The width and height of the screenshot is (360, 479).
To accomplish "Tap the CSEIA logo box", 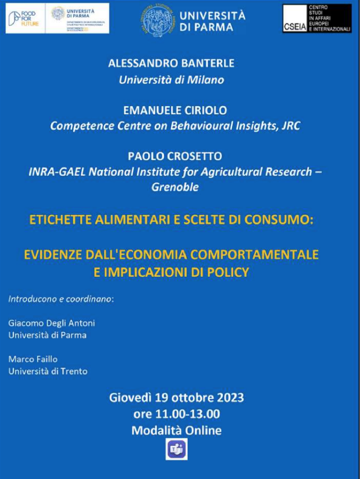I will pos(317,19).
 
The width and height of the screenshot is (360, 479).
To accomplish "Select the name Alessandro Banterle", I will pos(171,63).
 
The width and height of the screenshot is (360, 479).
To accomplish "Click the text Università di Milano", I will pos(172,80).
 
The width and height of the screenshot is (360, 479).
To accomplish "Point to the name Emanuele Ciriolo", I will pos(171,110).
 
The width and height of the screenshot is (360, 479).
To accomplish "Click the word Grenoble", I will pos(175,187).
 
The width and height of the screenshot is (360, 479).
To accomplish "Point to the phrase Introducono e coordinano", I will pos(61,299).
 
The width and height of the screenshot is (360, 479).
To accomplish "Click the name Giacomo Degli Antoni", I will pos(52,323).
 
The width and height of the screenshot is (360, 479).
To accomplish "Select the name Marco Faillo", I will pos(33,359).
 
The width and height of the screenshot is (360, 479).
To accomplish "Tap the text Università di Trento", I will pos(48,371).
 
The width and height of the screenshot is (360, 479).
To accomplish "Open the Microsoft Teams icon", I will pos(176,449).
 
